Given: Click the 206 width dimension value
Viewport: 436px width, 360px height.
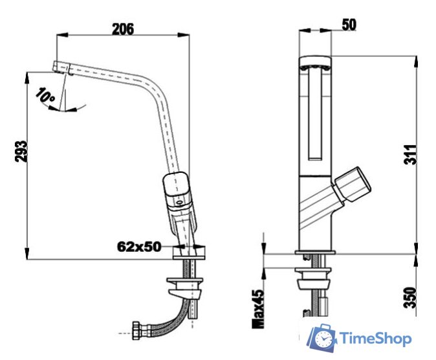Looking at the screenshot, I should pyautogui.click(x=122, y=29).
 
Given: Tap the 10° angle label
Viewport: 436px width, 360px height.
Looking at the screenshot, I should pyautogui.click(x=46, y=98).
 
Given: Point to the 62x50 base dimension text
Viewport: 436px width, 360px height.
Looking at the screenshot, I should pyautogui.click(x=139, y=247).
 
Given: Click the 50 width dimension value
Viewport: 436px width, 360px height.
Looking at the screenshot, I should pyautogui.click(x=349, y=25).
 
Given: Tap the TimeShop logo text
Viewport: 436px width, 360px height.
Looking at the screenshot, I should pyautogui.click(x=375, y=337).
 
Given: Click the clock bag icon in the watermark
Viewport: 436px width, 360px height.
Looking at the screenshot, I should pyautogui.click(x=322, y=337).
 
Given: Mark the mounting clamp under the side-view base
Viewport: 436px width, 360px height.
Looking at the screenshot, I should pyautogui.click(x=186, y=286).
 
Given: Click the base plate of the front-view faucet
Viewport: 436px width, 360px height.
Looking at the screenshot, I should pyautogui.click(x=315, y=253).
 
